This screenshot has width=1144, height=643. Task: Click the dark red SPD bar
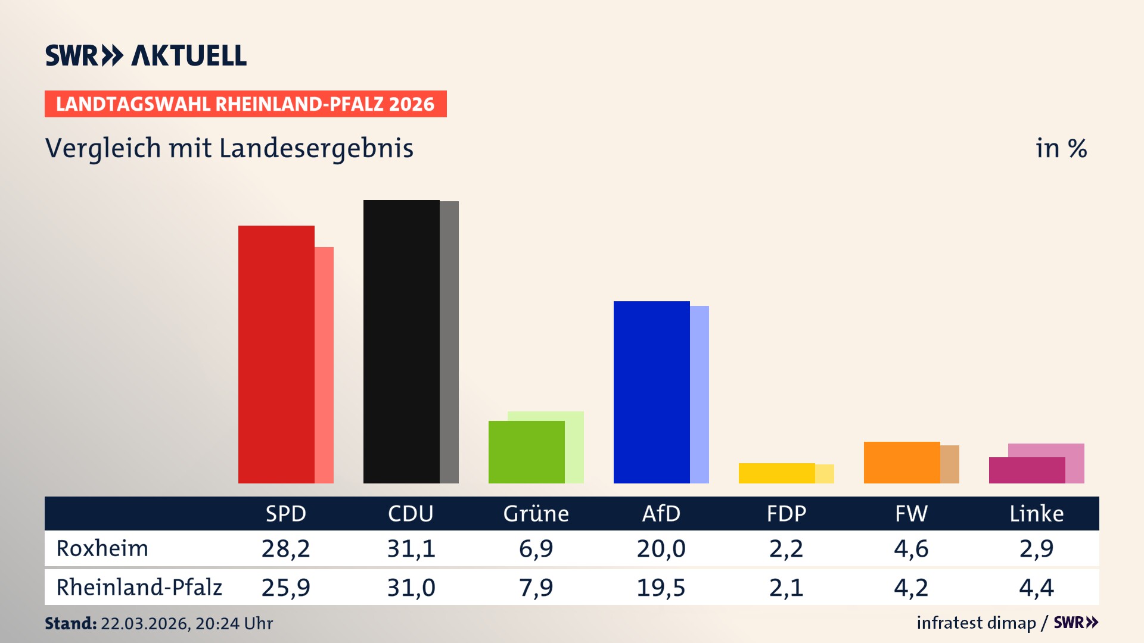pos(276,354)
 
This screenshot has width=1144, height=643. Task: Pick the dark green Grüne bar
pos(526,452)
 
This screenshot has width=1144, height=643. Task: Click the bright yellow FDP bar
pos(776,473)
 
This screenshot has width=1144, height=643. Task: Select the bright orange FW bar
pos(901,463)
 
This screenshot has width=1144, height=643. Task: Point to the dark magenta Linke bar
pos(1027,470)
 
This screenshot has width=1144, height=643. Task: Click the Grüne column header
pos(536,514)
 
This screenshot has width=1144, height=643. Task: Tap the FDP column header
pos(786,514)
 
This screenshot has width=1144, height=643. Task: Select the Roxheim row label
pos(102,548)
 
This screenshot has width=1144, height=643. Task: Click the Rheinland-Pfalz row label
pos(139,588)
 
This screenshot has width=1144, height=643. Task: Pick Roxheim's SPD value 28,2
pos(285,548)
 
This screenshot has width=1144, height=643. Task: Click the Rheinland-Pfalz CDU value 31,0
pos(411,588)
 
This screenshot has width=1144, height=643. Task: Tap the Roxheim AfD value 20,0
pos(661,548)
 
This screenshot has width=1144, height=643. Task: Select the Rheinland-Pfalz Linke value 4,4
pos(1036,588)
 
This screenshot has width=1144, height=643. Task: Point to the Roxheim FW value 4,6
pos(911,548)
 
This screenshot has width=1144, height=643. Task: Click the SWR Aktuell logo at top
pos(146,55)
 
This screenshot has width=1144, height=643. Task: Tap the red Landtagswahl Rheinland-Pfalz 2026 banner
pos(245,104)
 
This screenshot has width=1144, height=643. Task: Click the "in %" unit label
pos(1061,148)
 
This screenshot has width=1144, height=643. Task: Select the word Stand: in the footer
pos(70,623)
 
